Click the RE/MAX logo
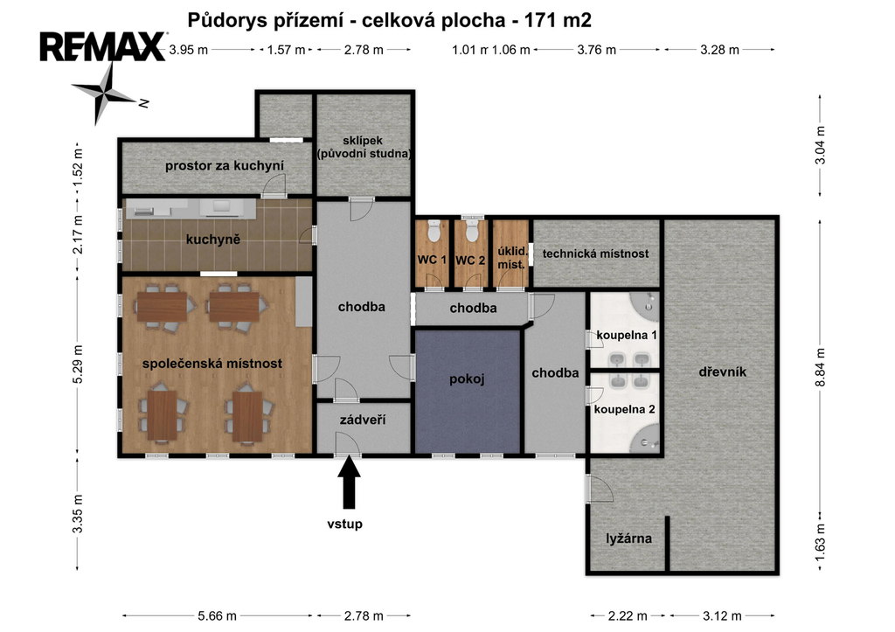point(103,47)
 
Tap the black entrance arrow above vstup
point(350,482)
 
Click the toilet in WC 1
point(434,231)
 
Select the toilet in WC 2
point(471,231)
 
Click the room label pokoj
point(467,379)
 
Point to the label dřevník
point(723,372)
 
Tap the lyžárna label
point(629,538)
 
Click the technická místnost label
point(595,253)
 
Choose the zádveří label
point(363,420)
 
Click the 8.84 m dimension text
point(820,367)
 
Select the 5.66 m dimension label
point(217,616)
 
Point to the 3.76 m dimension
point(596,50)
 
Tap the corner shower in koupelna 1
point(646,303)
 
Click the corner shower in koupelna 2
point(646,440)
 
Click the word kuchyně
point(213,240)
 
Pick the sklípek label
point(363,141)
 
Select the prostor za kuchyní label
point(225,166)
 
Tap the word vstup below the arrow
point(344,524)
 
